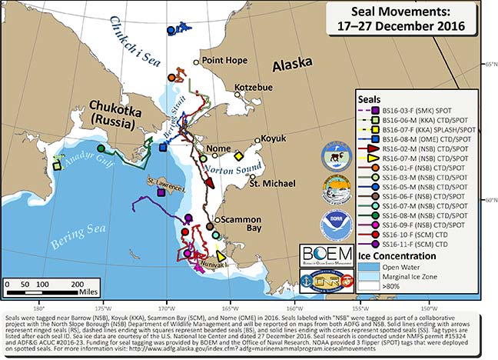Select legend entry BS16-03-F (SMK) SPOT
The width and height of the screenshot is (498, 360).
point(420,110)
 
